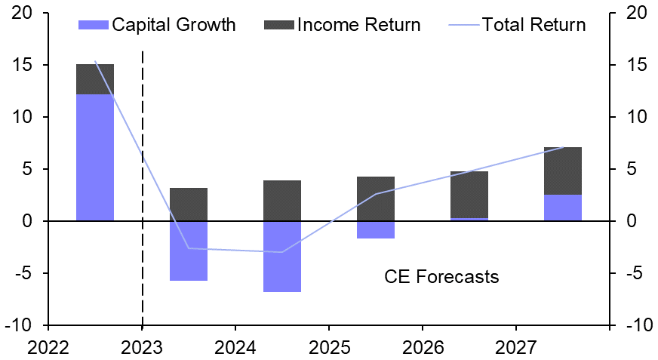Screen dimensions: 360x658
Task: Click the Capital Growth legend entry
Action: coord(157,25)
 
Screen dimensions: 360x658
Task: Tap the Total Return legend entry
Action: coord(518,25)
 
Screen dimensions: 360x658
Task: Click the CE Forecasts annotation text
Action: coord(441,277)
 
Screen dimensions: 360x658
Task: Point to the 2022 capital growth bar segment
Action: coord(95,157)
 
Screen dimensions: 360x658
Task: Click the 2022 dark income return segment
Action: coord(95,79)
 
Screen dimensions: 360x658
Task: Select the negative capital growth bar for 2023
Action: coord(189,251)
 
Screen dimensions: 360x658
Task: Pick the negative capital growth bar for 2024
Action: coord(282,256)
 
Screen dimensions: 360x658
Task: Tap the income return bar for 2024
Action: coord(282,201)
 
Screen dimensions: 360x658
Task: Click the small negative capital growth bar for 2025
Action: coord(376,229)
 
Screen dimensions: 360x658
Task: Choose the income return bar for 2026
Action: coord(469,195)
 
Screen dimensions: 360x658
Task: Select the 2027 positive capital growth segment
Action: coord(563,208)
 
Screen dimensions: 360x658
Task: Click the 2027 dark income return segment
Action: coord(563,171)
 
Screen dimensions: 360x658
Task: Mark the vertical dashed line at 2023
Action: coord(143,189)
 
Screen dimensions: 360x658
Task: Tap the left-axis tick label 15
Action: coord(21,66)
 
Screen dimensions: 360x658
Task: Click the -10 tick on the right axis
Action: coord(637,325)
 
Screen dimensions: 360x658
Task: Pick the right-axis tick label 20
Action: coord(637,14)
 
